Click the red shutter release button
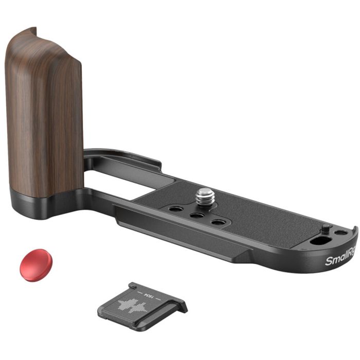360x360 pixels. click(36, 264)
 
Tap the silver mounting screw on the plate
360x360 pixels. click(205, 195)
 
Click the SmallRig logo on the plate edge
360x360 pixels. click(340, 258)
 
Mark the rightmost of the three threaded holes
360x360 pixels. click(219, 222)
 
